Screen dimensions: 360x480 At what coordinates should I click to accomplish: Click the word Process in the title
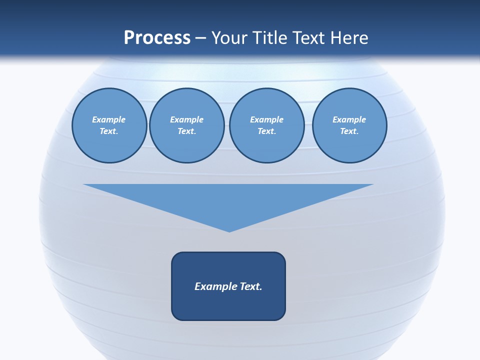coord(157,38)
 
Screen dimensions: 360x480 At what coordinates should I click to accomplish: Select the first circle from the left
coord(109,125)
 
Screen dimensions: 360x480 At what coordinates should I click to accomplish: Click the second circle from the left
coord(186,125)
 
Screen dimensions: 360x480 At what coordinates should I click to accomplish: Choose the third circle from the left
coord(266,125)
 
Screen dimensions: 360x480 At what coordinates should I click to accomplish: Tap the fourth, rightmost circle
coord(349,125)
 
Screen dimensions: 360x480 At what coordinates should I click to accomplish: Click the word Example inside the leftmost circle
coord(109,119)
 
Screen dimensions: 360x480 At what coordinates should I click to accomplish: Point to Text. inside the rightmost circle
coord(349,131)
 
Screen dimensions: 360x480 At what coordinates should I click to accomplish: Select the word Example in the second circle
coord(186,119)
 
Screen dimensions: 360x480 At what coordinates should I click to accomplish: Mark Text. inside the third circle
coord(266,131)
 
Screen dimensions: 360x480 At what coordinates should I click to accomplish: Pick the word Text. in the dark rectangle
coord(251,286)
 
